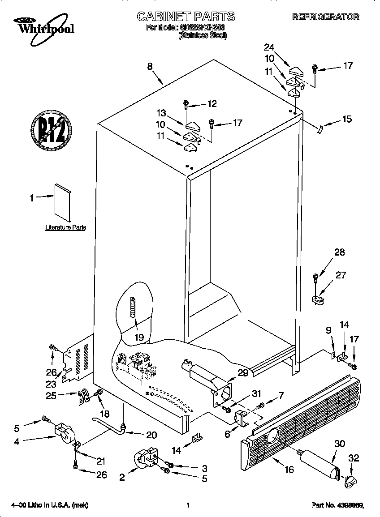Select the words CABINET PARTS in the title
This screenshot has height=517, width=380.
(x=185, y=17)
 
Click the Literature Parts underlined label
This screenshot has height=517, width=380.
(x=65, y=227)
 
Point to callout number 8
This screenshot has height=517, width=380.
(x=150, y=66)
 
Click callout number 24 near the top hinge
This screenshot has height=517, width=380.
(x=268, y=47)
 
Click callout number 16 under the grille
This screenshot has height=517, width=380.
(x=289, y=470)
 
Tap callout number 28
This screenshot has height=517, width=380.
(x=339, y=252)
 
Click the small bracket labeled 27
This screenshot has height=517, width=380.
(x=318, y=299)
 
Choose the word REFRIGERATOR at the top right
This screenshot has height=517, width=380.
(x=325, y=17)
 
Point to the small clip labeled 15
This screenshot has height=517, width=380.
(x=319, y=129)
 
